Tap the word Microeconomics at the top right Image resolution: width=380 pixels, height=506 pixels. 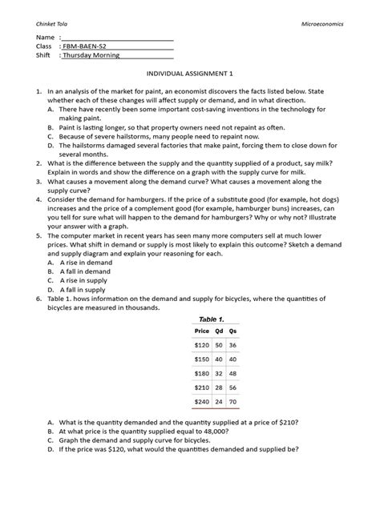point(321,24)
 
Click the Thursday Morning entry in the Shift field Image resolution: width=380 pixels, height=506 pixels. point(92,55)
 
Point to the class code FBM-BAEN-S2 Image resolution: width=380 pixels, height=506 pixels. point(88,46)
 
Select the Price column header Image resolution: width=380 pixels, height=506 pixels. point(201,331)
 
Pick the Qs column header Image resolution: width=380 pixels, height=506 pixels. point(233,331)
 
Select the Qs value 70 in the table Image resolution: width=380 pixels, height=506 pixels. point(233,401)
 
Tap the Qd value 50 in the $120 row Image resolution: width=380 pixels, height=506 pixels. point(219,345)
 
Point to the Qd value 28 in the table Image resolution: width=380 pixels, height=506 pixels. point(219,387)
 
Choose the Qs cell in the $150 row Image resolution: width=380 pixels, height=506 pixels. point(233,359)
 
